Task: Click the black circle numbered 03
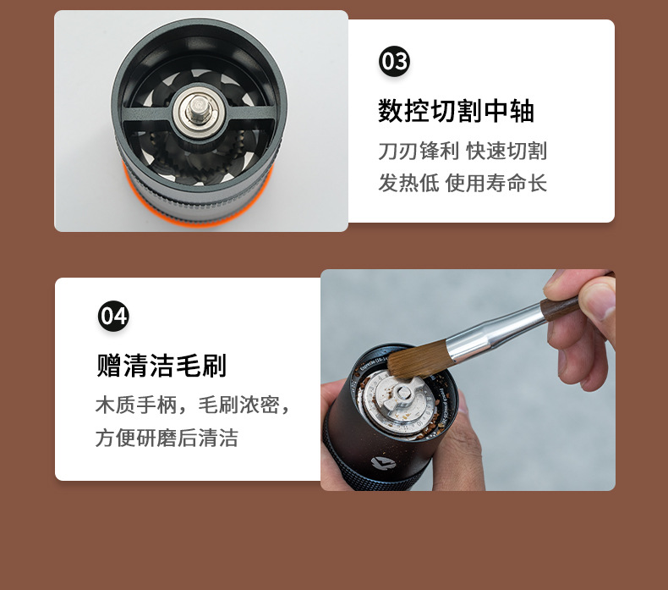[x=394, y=62]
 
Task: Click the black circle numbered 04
[x=113, y=316]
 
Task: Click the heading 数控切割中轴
[x=456, y=112]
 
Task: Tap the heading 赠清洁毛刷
[x=162, y=366]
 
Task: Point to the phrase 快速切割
[x=506, y=152]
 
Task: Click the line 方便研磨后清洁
[x=167, y=438]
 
